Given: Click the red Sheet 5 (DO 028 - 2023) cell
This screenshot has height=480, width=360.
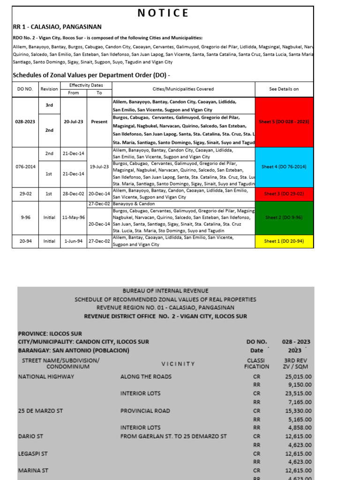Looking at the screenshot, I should point(284,122).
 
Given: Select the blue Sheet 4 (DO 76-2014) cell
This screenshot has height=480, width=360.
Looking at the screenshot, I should point(284,167).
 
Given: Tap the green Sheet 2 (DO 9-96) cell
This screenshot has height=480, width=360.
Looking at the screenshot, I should point(284,217).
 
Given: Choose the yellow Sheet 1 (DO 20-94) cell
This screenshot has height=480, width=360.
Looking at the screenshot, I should point(284,241).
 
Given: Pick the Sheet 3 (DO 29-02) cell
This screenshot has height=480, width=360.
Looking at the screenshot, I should point(284,194).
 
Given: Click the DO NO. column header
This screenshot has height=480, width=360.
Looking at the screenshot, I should point(25,89).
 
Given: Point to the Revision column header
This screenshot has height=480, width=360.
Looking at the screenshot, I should point(49,89).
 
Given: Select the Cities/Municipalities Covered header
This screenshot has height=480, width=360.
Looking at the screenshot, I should point(183,89).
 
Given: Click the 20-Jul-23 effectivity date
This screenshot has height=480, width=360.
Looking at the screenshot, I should point(74,122).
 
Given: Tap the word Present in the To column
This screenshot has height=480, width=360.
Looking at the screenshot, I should point(99,122).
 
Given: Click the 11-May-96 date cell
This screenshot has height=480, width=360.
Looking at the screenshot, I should point(74,217).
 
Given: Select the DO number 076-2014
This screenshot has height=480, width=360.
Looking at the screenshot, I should point(25,167).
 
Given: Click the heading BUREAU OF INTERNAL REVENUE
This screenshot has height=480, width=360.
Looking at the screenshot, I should point(165,291).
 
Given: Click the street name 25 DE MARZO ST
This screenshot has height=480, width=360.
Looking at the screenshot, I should point(40,411).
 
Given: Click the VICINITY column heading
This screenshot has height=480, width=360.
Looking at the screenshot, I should point(178,364).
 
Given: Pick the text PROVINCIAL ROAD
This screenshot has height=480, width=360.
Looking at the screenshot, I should point(145,411).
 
